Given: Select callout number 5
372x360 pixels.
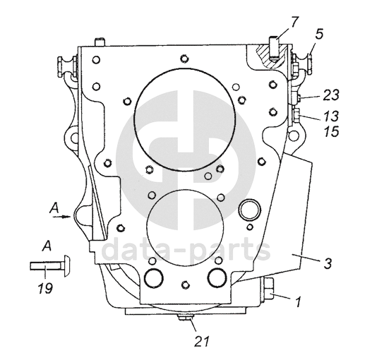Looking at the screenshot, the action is click(x=319, y=34).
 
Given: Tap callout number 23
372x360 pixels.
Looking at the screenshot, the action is click(x=331, y=95).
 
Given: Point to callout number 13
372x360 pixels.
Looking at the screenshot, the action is click(x=330, y=116).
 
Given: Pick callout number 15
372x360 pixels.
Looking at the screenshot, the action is click(x=331, y=131).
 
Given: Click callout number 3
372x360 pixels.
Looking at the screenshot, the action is click(x=328, y=263).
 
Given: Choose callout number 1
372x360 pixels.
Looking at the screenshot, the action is click(x=298, y=301).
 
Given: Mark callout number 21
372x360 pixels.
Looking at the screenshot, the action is click(x=202, y=342).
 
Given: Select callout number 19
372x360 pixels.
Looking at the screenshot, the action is click(x=45, y=288).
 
